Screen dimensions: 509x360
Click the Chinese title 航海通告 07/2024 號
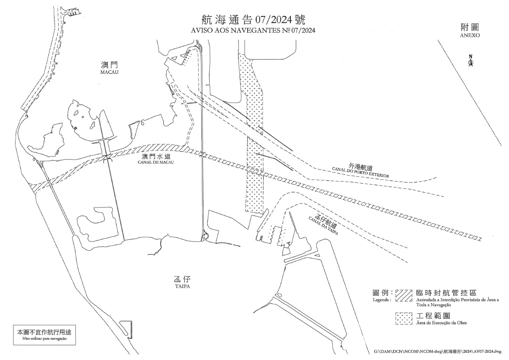(253, 20)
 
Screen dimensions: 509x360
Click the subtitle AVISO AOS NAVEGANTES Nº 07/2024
(253, 30)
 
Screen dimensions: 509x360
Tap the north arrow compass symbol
(471, 61)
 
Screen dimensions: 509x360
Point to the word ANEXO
(470, 35)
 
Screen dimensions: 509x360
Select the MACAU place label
(109, 72)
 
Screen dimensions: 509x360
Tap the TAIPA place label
(182, 286)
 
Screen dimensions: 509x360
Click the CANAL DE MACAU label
(156, 162)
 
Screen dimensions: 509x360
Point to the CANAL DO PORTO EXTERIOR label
(360, 172)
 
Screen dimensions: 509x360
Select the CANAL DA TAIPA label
(323, 226)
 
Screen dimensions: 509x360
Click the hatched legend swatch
(404, 295)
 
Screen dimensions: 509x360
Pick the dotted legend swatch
(404, 318)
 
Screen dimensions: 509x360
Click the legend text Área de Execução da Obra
(441, 323)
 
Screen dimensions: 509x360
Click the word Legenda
(382, 300)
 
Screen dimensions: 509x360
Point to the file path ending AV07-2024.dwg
(438, 351)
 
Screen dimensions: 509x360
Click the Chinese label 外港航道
(360, 167)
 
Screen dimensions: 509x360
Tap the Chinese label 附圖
(470, 28)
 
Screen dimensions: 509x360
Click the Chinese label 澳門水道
(156, 156)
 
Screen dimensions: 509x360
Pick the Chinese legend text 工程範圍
(433, 316)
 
